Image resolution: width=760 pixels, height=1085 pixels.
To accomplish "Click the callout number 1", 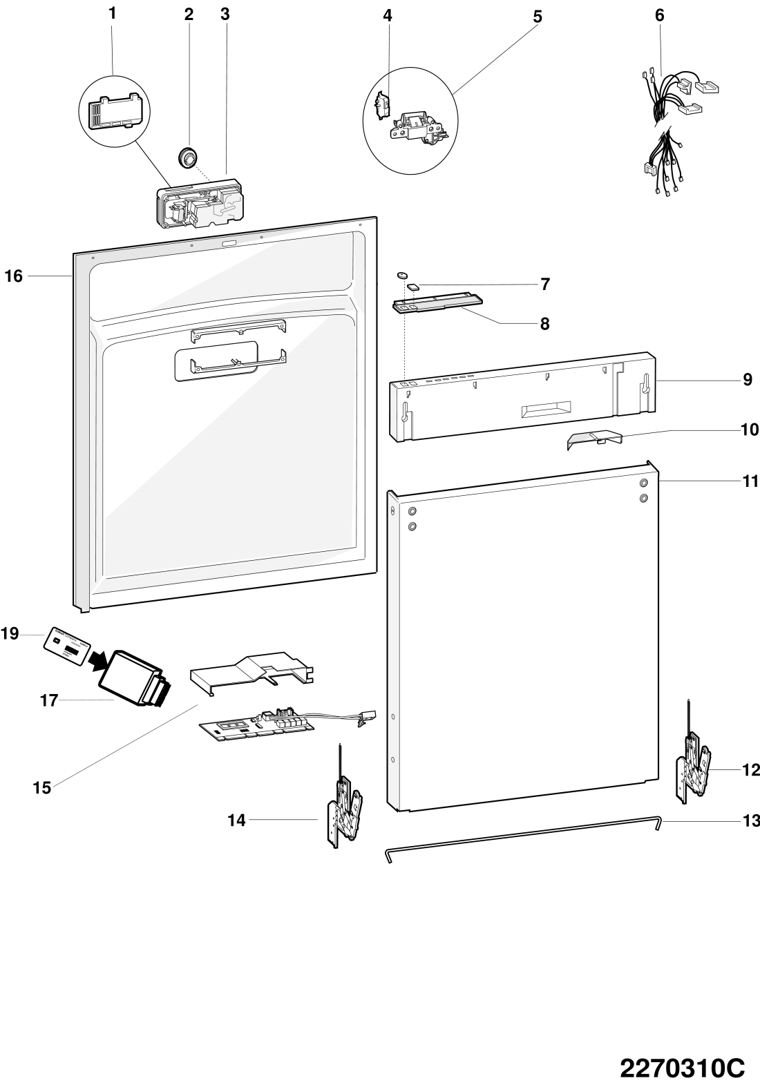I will click(x=112, y=13).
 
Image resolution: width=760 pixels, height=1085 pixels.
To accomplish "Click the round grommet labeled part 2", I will click(x=186, y=155).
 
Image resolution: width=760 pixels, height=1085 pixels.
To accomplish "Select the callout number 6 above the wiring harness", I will click(x=659, y=15).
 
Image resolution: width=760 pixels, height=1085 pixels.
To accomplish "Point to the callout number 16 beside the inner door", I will click(x=14, y=277).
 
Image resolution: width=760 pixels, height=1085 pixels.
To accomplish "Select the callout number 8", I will click(x=544, y=323).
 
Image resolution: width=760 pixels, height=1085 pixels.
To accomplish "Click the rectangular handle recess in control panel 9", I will click(x=546, y=410).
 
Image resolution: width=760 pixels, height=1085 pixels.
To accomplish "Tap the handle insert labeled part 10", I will click(x=593, y=441).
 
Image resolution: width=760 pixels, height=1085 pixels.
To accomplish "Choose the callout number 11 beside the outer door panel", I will click(x=750, y=481).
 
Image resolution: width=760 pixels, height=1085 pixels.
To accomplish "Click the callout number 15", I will click(x=42, y=787).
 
